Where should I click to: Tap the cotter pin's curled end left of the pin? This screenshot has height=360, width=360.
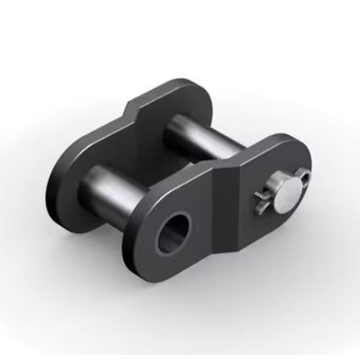[x=263, y=195]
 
